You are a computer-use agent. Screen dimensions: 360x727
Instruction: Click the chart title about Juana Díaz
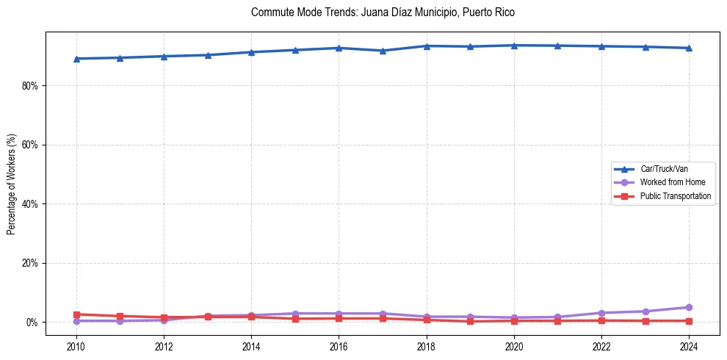coord(383,12)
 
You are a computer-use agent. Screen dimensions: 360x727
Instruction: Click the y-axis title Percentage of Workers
coord(12,184)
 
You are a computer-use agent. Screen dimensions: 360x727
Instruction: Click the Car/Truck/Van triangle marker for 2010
coord(76,59)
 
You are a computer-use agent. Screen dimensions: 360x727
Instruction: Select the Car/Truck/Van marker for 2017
coord(383,51)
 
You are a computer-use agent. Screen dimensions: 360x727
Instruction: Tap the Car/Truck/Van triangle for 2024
coord(689,48)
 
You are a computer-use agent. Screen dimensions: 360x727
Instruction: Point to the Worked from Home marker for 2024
coord(689,307)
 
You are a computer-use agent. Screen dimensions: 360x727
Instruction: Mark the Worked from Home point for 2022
coord(601,313)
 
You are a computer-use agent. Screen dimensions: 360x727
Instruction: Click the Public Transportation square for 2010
coord(76,314)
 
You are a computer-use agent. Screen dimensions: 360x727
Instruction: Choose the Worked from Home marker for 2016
coord(339,314)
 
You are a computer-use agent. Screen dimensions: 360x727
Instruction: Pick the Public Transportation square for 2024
coord(689,321)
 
